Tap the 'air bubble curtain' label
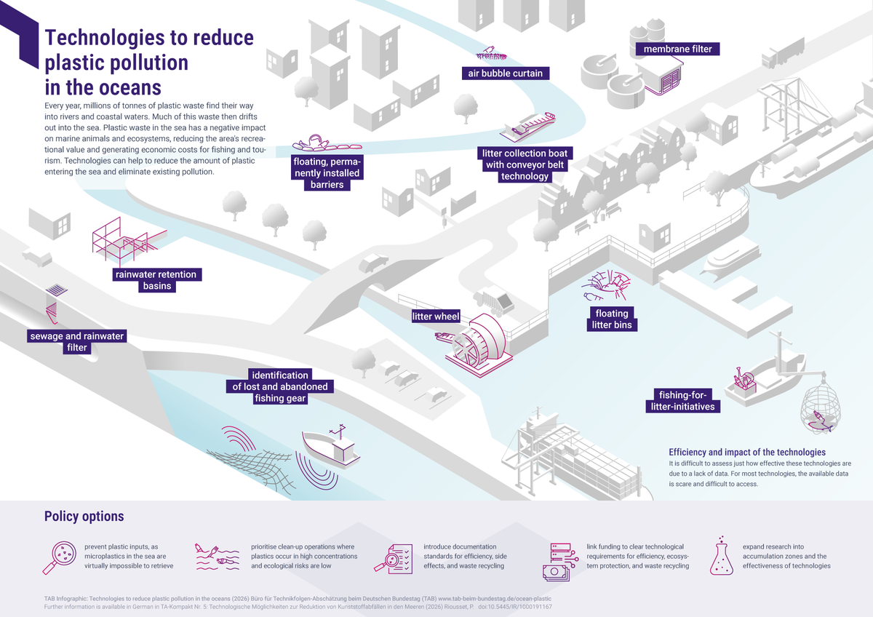click(506, 73)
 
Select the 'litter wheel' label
click(436, 317)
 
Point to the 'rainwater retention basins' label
click(156, 280)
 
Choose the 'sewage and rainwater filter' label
click(77, 342)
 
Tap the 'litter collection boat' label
click(525, 165)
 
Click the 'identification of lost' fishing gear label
click(280, 386)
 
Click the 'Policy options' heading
click(84, 517)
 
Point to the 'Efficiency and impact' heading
click(746, 452)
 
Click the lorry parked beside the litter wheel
click(495, 300)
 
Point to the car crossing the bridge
click(372, 263)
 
